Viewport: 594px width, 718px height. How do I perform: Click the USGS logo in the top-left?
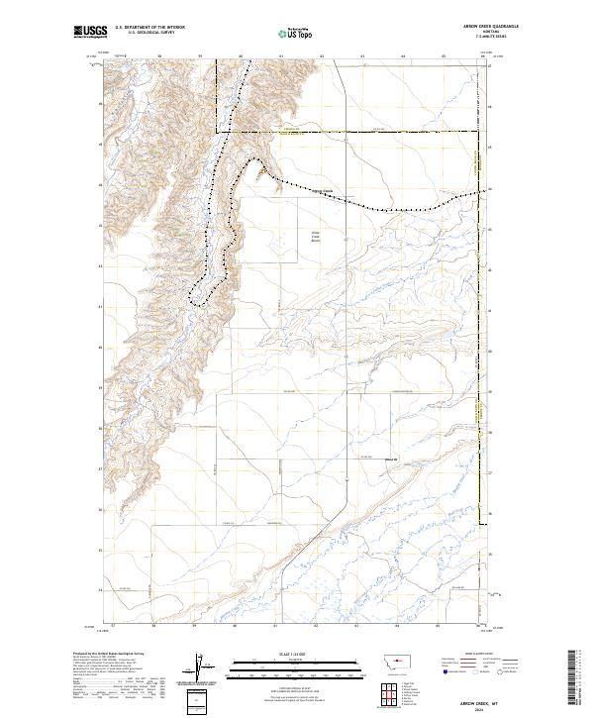pos(91,33)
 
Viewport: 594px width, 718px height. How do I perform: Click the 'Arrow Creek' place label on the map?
pos(322,191)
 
